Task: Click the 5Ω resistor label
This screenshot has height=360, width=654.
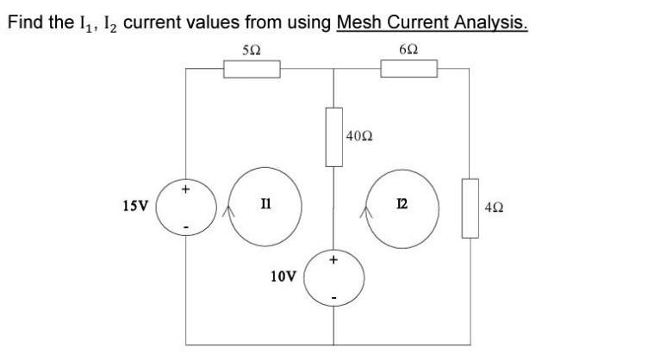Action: [x=251, y=49]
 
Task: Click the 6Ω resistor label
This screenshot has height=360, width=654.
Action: [x=408, y=49]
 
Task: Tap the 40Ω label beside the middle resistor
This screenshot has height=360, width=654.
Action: [x=359, y=136]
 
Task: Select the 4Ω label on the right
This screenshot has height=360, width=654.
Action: [x=496, y=208]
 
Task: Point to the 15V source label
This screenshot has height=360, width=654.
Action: [x=134, y=207]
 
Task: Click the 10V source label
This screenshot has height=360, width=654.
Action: [x=283, y=276]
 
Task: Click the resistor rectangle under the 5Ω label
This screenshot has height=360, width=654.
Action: [x=252, y=69]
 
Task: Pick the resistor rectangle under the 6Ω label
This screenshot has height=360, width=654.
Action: [x=408, y=69]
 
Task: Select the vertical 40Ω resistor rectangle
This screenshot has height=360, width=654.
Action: [x=333, y=136]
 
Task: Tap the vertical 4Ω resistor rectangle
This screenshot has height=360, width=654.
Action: [x=470, y=208]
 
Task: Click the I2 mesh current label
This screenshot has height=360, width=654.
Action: [x=402, y=206]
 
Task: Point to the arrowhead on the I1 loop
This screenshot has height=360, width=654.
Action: [x=227, y=208]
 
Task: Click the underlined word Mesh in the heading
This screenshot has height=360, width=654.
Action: [x=358, y=21]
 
